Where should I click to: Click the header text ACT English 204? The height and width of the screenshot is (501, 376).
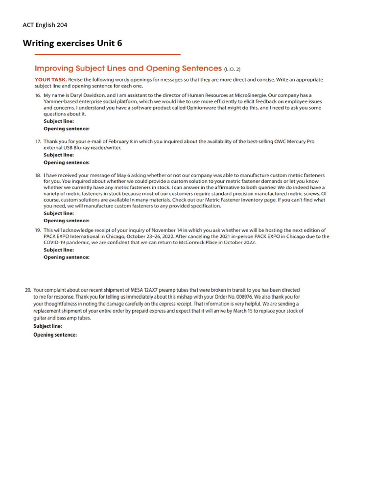tap(48, 25)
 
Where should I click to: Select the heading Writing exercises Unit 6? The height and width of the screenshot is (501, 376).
tap(72, 44)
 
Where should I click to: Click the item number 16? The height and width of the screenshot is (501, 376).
tap(38, 95)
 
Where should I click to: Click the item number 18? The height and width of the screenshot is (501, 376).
tap(38, 175)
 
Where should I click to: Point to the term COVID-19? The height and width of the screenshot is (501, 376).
tap(57, 243)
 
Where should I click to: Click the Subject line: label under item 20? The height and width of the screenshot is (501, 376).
tap(48, 326)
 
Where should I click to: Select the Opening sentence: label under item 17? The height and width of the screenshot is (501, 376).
tap(67, 162)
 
